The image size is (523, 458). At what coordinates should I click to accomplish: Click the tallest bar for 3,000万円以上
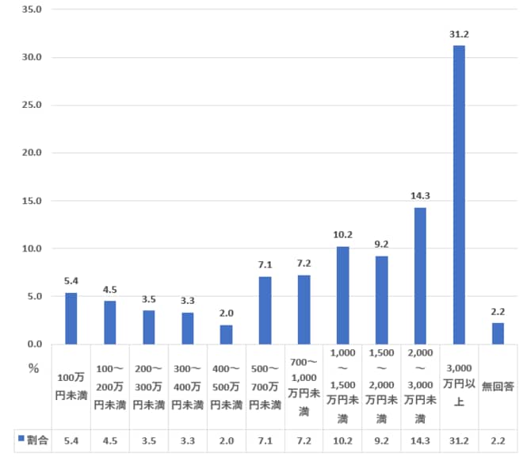coord(459,194)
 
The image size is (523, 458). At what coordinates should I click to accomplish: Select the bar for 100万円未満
coord(71,318)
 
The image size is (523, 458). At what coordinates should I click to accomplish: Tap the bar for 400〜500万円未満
coord(227,334)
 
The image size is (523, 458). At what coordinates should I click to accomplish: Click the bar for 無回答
coord(498,333)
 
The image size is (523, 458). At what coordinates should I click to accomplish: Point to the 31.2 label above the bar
coord(459,34)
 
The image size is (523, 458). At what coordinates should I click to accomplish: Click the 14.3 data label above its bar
coord(420,196)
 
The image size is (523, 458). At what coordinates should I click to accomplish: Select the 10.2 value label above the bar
coord(342,235)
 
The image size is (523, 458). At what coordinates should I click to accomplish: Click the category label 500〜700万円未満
coord(265,387)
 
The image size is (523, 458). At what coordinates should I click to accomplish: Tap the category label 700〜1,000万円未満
coord(304,387)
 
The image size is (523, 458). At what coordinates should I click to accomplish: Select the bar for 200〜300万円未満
coord(149,327)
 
